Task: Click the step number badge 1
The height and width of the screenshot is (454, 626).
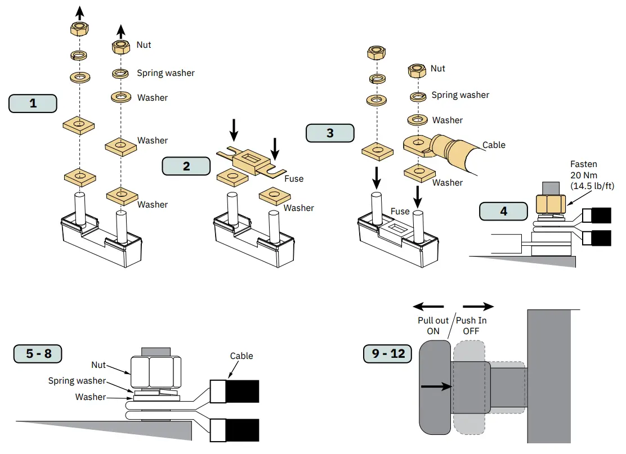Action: [33, 104]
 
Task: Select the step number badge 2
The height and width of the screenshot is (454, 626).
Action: [186, 166]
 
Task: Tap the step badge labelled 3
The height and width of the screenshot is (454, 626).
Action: [330, 133]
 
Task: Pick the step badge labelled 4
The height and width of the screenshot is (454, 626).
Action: [503, 211]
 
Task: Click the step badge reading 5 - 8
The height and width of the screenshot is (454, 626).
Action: [38, 353]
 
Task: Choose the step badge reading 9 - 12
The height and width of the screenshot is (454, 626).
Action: [388, 353]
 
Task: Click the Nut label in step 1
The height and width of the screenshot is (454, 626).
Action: [144, 44]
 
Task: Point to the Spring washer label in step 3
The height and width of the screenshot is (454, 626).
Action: [460, 95]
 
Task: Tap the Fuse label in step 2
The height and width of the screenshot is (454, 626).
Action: [294, 179]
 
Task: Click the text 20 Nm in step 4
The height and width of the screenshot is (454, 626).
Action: [584, 175]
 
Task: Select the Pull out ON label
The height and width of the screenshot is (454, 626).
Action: [433, 326]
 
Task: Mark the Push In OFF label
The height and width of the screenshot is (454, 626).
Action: [471, 326]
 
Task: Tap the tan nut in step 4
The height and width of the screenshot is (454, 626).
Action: [551, 204]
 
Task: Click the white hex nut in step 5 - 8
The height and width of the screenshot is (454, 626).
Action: [156, 372]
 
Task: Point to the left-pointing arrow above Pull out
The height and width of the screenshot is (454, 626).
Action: [428, 307]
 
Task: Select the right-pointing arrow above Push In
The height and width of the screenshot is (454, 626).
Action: [479, 307]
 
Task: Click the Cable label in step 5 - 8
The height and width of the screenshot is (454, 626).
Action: [242, 356]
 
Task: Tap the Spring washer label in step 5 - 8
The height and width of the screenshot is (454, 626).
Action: [77, 381]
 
